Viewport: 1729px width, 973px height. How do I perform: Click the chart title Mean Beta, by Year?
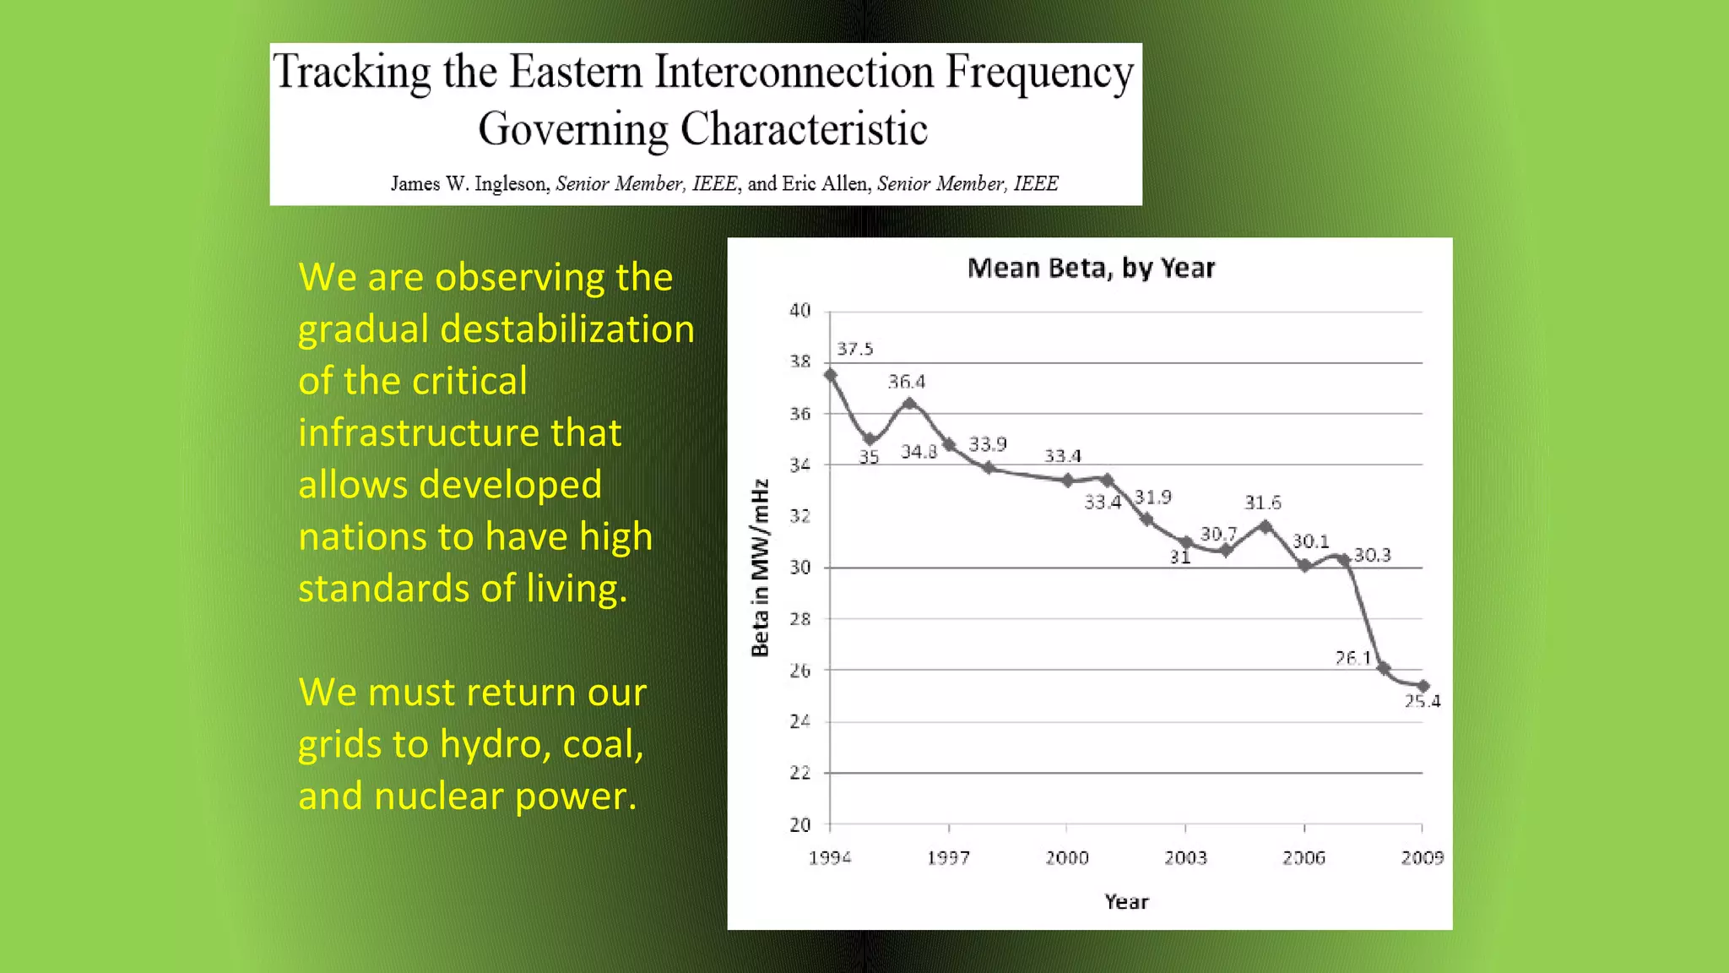[1091, 269]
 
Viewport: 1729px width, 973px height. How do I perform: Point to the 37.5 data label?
[854, 349]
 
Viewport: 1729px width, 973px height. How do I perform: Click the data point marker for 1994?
[830, 375]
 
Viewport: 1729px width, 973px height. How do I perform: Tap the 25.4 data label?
[1423, 701]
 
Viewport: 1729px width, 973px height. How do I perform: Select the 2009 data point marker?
[1423, 686]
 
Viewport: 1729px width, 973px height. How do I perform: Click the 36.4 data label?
[906, 382]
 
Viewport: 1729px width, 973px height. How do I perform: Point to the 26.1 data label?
[1352, 657]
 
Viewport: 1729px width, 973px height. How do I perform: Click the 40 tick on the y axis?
[799, 311]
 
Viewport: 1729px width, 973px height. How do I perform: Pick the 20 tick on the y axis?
[799, 824]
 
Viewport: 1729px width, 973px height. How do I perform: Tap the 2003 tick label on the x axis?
[1185, 858]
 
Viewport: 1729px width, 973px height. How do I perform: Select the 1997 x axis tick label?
[948, 858]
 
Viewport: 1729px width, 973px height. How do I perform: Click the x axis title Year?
[1126, 902]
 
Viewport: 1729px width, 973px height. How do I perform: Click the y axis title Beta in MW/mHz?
[761, 568]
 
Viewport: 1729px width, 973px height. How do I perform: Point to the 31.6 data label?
[1262, 503]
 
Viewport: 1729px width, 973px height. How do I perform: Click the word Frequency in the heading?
[1038, 73]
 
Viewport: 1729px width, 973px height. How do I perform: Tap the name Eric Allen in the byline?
[825, 183]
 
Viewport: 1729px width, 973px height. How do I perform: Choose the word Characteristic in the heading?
[804, 129]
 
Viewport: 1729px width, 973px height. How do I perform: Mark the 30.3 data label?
[1372, 555]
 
